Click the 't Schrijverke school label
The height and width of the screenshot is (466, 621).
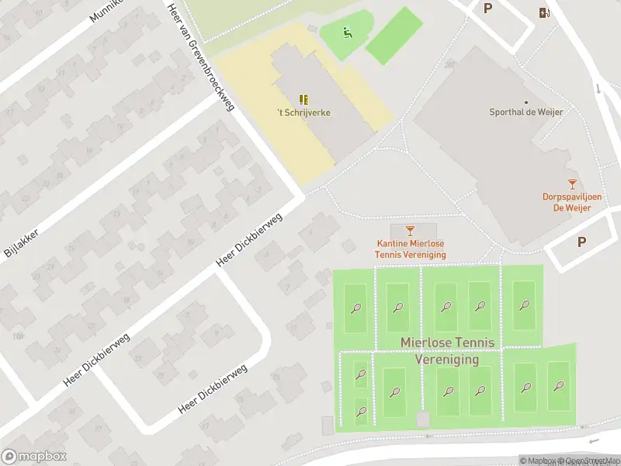(304, 113)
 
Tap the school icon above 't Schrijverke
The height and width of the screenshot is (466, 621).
(304, 99)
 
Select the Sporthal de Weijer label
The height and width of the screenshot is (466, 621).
(526, 112)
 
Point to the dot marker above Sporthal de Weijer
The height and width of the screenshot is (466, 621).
(526, 102)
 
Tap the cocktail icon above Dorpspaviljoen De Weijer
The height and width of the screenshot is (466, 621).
(572, 184)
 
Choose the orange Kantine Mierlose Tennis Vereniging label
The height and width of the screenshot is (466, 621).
(410, 249)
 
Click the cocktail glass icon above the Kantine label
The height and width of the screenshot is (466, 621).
(411, 230)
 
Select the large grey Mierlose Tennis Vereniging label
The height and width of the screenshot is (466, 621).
(451, 350)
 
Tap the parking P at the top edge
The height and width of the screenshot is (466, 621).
(488, 9)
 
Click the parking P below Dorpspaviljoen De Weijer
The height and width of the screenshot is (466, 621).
(581, 242)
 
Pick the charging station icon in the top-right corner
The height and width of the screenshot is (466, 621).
(544, 12)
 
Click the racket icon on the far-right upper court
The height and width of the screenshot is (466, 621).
(524, 305)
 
